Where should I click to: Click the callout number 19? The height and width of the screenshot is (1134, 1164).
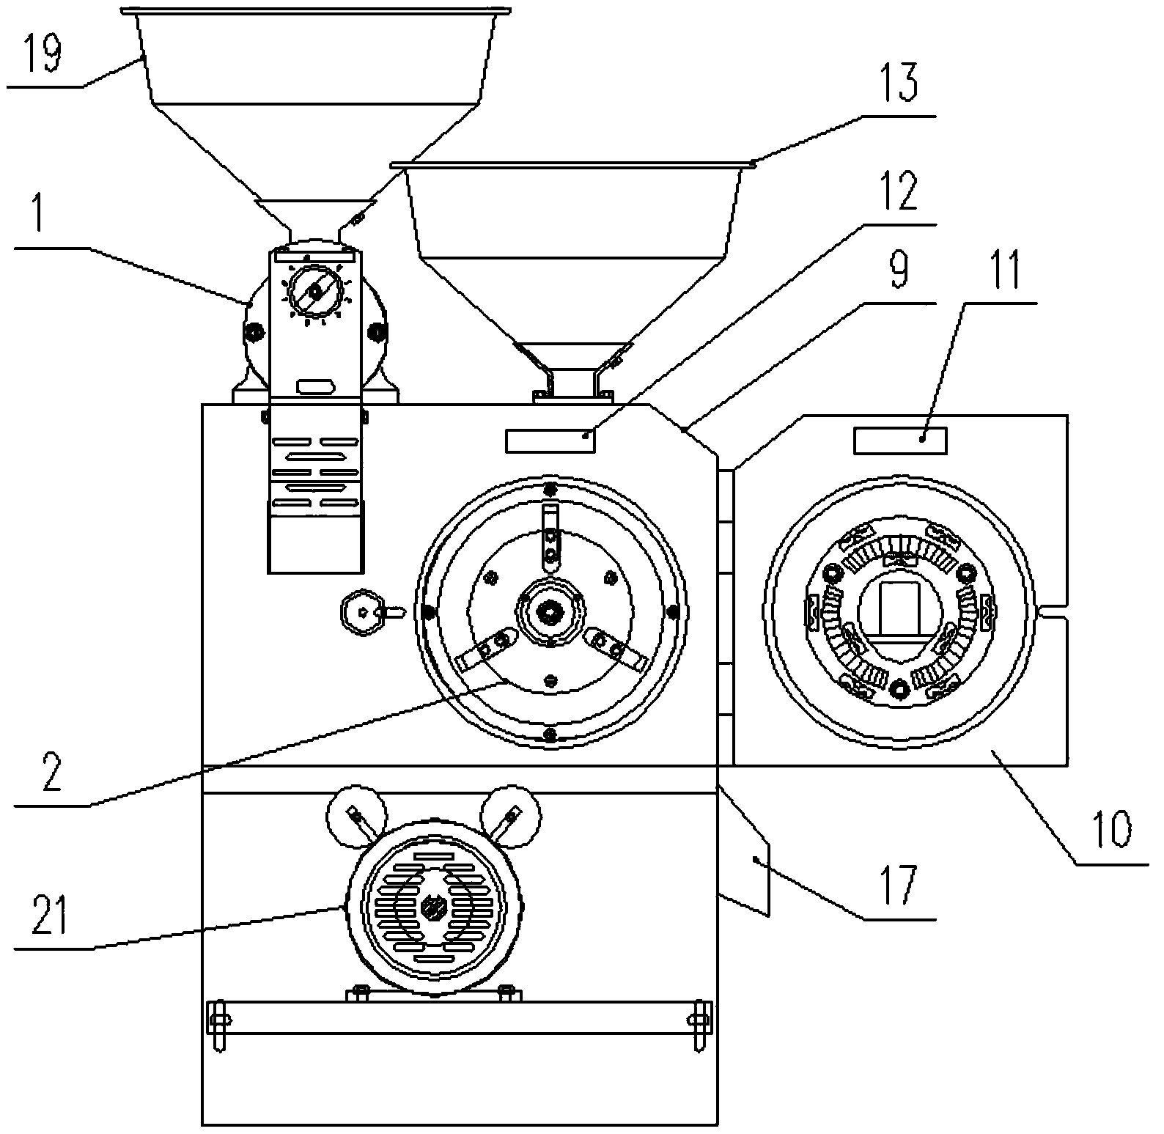coord(44,54)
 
